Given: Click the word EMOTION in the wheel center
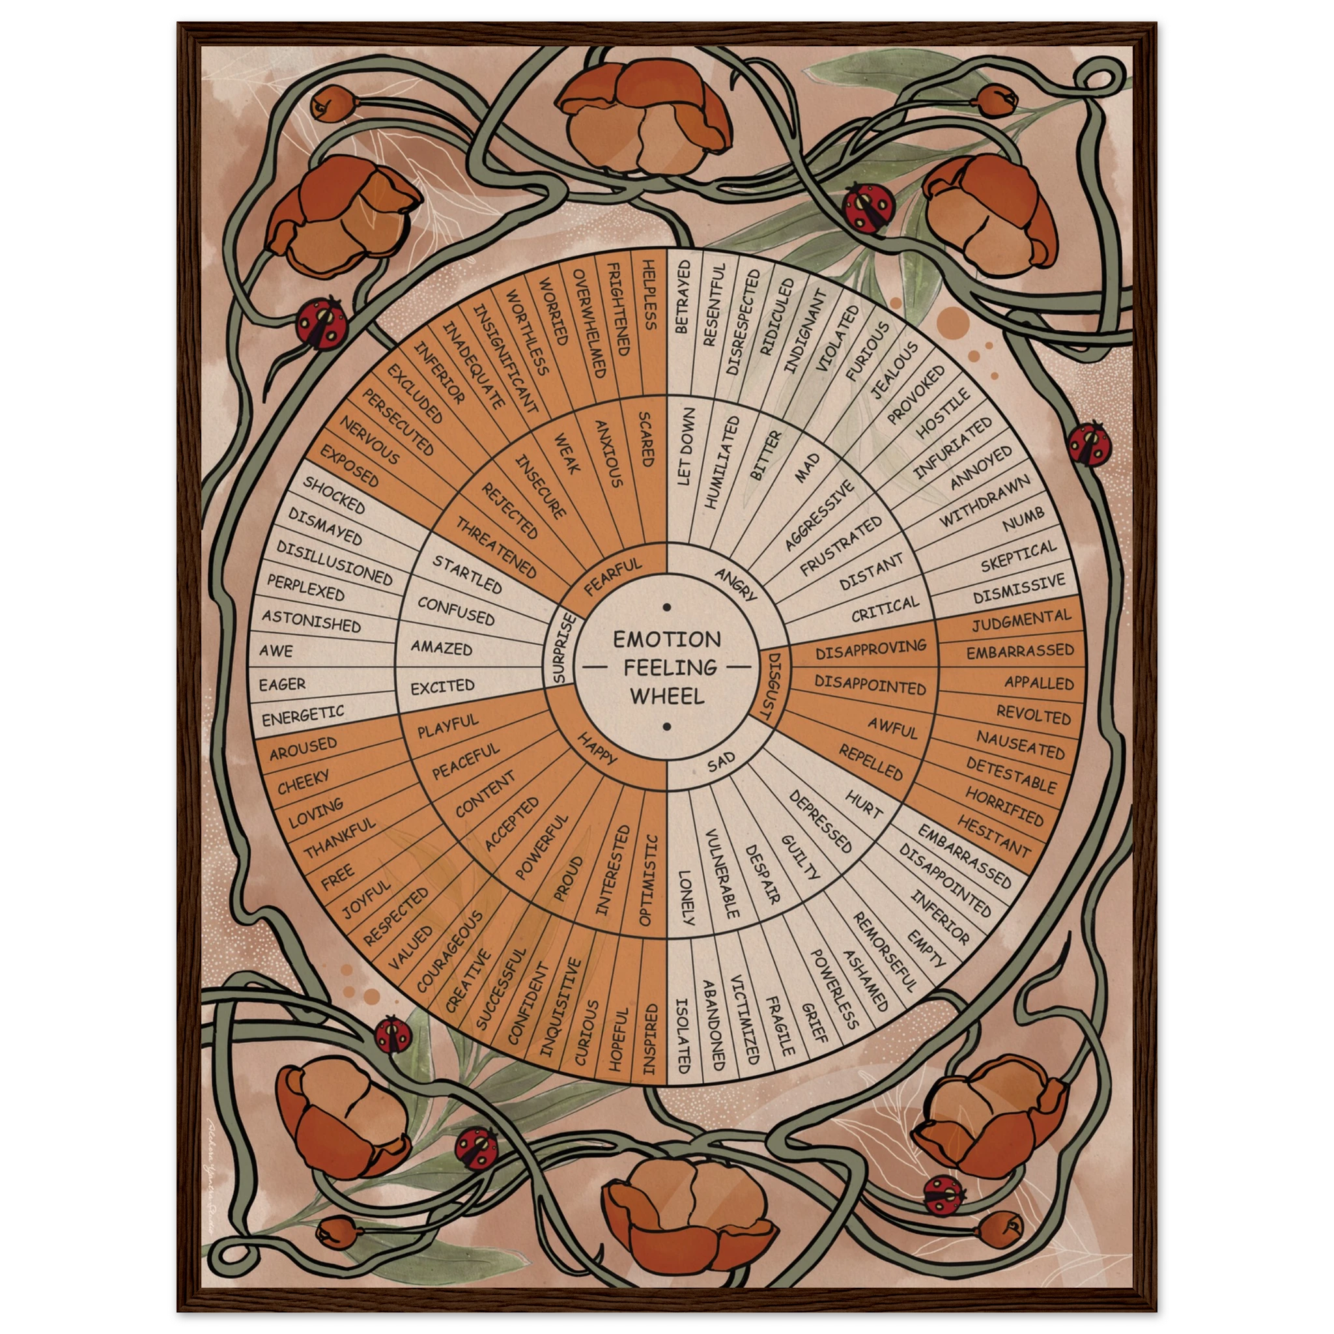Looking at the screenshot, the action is click(x=667, y=639).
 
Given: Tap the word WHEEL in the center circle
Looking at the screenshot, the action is click(x=667, y=695).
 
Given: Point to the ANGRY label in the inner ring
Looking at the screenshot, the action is click(x=736, y=584).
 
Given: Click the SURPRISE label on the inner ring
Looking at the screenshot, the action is click(x=561, y=647).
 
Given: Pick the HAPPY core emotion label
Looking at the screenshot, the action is click(x=597, y=749).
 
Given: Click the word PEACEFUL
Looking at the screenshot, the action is click(x=465, y=761).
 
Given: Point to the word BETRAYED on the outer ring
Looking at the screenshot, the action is click(x=683, y=297).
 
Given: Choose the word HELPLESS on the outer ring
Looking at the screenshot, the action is click(x=649, y=295).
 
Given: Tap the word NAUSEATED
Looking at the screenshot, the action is click(x=1021, y=746).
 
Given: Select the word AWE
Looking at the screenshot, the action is click(x=276, y=651).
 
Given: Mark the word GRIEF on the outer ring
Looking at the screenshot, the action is click(x=815, y=1022).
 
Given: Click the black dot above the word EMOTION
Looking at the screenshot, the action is click(x=667, y=608).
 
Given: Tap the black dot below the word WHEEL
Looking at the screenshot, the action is click(x=667, y=726).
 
